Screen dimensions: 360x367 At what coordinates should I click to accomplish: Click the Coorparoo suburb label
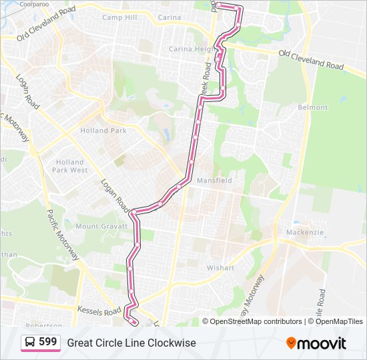pyautogui.click(x=35, y=4)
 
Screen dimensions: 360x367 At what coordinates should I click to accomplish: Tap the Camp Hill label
pyautogui.click(x=119, y=17)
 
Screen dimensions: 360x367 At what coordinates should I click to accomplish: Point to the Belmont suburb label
pyautogui.click(x=313, y=107)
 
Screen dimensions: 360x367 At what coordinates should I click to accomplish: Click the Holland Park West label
pyautogui.click(x=71, y=166)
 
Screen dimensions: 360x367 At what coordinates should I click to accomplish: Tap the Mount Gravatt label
pyautogui.click(x=97, y=227)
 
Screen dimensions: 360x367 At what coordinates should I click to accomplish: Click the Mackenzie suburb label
pyautogui.click(x=305, y=232)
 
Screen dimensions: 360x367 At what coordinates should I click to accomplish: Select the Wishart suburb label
pyautogui.click(x=221, y=268)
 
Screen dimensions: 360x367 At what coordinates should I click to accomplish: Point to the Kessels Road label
pyautogui.click(x=99, y=311)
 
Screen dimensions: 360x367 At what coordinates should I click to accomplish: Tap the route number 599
pyautogui.click(x=47, y=342)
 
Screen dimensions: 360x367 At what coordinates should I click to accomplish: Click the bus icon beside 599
pyautogui.click(x=31, y=343)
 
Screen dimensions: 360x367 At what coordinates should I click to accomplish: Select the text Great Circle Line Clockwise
pyautogui.click(x=131, y=343)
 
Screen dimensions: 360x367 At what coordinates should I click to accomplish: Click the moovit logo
pyautogui.click(x=316, y=343)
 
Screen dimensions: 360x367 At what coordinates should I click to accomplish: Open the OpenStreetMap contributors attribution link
pyautogui.click(x=256, y=321)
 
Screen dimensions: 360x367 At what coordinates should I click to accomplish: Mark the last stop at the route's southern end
pyautogui.click(x=135, y=323)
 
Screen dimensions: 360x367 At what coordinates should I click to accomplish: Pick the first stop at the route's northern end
pyautogui.click(x=218, y=5)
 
